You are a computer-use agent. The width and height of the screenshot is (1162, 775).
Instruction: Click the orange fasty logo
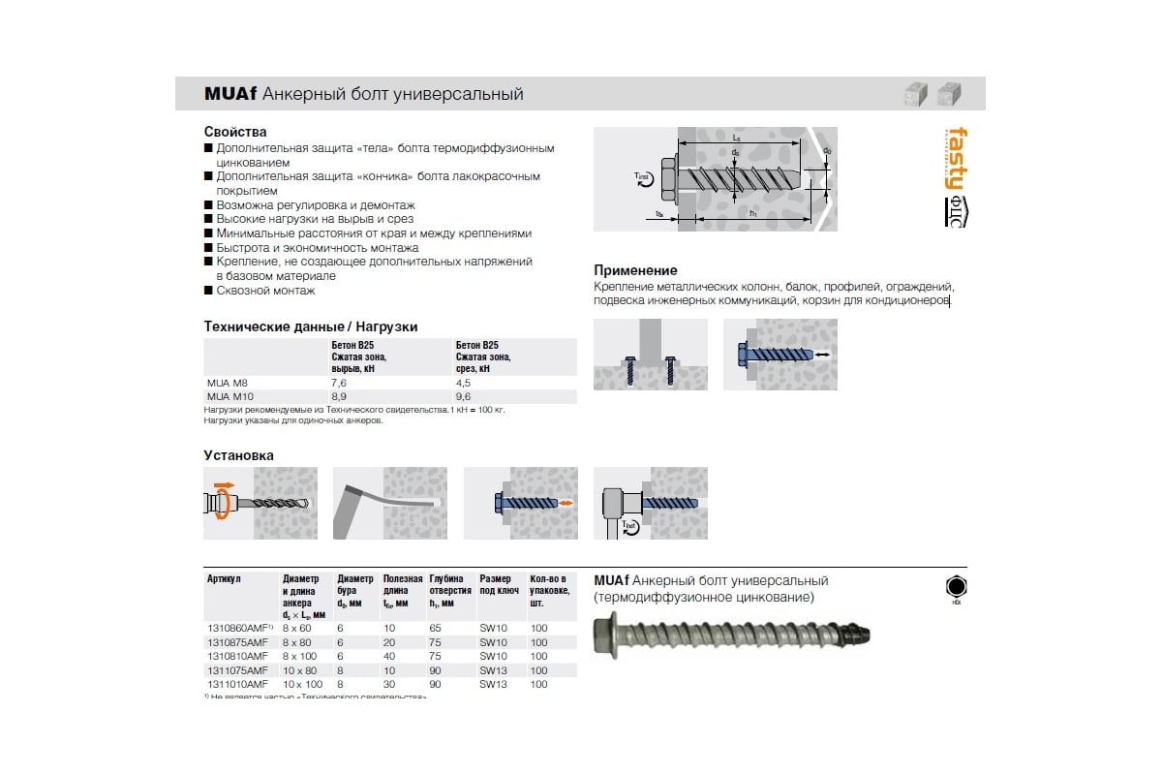(x=955, y=157)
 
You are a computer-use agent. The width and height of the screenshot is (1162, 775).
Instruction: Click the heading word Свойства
(x=235, y=132)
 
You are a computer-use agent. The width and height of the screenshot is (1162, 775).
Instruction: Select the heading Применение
(x=635, y=270)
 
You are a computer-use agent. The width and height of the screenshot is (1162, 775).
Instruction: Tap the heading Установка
(x=238, y=455)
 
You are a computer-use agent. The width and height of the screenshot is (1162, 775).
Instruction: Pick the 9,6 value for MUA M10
(x=463, y=396)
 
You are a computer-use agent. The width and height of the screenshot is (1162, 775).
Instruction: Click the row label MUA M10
(x=229, y=396)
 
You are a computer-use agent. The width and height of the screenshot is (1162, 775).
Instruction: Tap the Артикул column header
(x=225, y=578)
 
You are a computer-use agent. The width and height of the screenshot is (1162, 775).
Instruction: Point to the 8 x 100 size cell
(x=300, y=656)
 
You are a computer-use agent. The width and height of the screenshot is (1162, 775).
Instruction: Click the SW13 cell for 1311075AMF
(x=493, y=670)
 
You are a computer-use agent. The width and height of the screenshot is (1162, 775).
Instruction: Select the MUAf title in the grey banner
(x=229, y=94)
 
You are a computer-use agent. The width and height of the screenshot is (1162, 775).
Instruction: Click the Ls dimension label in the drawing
(x=737, y=139)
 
